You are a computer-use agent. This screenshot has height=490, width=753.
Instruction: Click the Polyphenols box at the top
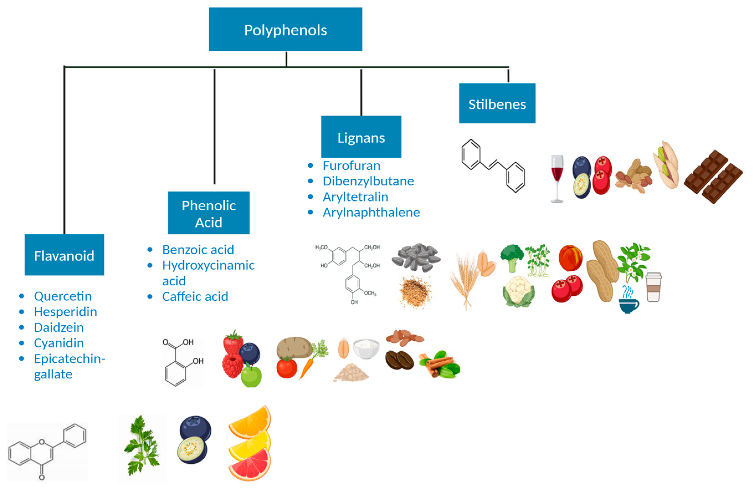[285, 29]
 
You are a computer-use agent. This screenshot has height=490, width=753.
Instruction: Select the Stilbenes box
[497, 103]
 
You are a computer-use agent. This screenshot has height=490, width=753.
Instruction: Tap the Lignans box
[361, 137]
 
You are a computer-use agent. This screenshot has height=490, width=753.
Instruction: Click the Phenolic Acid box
[209, 213]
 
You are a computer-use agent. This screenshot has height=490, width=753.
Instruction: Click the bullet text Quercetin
[63, 296]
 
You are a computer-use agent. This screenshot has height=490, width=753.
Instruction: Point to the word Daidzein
[59, 327]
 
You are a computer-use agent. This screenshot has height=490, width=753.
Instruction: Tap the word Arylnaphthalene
[371, 212]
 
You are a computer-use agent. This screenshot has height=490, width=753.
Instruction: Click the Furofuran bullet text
[351, 165]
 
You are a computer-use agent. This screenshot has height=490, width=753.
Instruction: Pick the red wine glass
[557, 178]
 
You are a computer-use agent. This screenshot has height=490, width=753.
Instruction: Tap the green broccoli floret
[512, 257]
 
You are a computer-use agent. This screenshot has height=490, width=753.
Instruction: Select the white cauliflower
[518, 291]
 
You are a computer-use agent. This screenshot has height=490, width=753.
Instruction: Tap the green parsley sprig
[142, 446]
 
